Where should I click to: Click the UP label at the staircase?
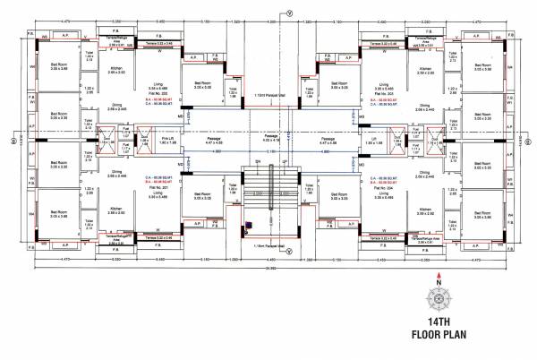(x=283, y=161)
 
